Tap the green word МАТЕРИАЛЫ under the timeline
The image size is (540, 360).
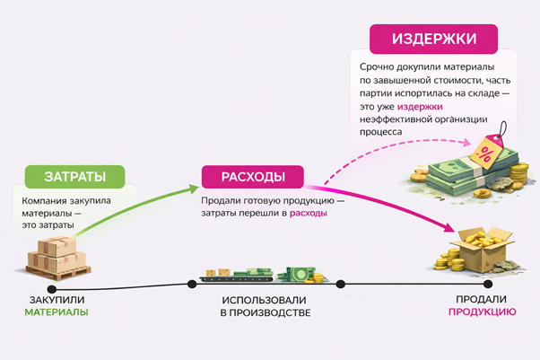click(56, 312)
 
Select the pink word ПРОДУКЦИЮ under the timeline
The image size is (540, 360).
click(482, 312)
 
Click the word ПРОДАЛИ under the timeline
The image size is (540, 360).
click(482, 299)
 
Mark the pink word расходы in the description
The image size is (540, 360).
click(308, 214)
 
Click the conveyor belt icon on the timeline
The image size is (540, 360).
click(231, 273)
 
